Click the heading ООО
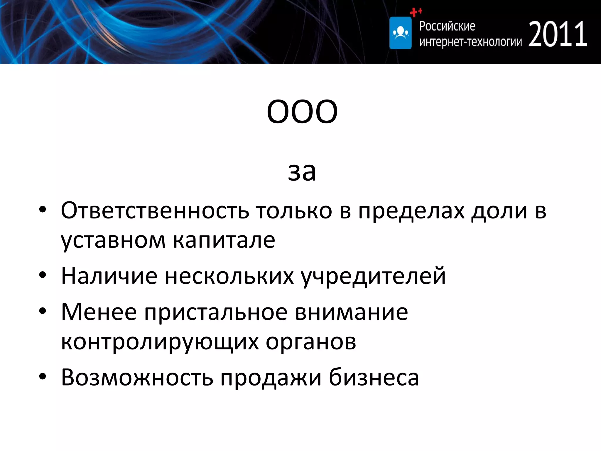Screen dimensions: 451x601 point(302,112)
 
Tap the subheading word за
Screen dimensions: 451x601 point(302,172)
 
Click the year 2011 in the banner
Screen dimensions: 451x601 point(558,34)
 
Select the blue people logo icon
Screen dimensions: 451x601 point(400,33)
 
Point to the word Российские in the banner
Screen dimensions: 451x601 point(447,26)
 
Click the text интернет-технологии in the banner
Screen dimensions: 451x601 point(470,42)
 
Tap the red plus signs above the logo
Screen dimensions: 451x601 point(416,12)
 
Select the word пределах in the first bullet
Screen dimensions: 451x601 point(411,211)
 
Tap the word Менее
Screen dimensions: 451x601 point(99,312)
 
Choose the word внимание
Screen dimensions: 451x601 point(351,312)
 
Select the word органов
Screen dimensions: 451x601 point(311,342)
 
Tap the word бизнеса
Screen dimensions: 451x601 point(374,377)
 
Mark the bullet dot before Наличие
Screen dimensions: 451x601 point(43,275)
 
